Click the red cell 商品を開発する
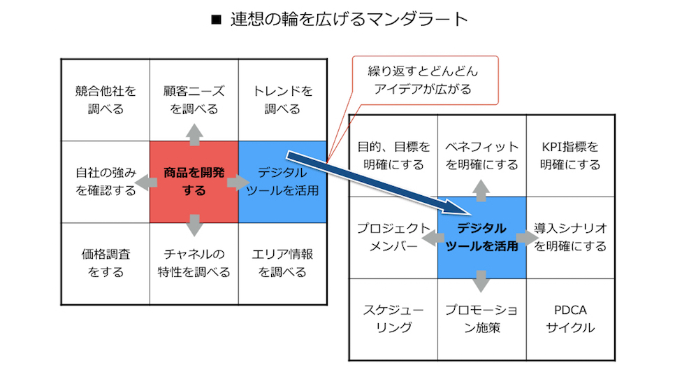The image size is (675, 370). pos(194,181)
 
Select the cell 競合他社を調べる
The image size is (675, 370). pos(106,100)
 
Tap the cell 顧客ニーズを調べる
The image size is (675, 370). pos(194,100)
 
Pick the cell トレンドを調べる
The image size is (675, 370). pos(282,100)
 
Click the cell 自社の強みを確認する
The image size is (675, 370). pos(106,181)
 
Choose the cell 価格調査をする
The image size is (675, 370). pos(106,263)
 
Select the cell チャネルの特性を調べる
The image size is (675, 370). pos(194,263)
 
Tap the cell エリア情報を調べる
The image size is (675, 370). pos(282,263)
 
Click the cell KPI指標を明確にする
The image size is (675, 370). pos(570,156)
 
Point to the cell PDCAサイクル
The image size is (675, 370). pos(570,318)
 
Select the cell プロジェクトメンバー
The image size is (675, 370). pos(393,237)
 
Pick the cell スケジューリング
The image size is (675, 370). pos(393,318)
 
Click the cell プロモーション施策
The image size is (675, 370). pos(481,318)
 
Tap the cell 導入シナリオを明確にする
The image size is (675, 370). pos(570,237)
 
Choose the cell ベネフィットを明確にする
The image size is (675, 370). pos(481,156)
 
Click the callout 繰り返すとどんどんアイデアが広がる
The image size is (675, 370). pos(423,80)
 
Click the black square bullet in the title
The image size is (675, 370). pos(215,20)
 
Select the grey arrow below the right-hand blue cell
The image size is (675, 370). pos(481,280)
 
